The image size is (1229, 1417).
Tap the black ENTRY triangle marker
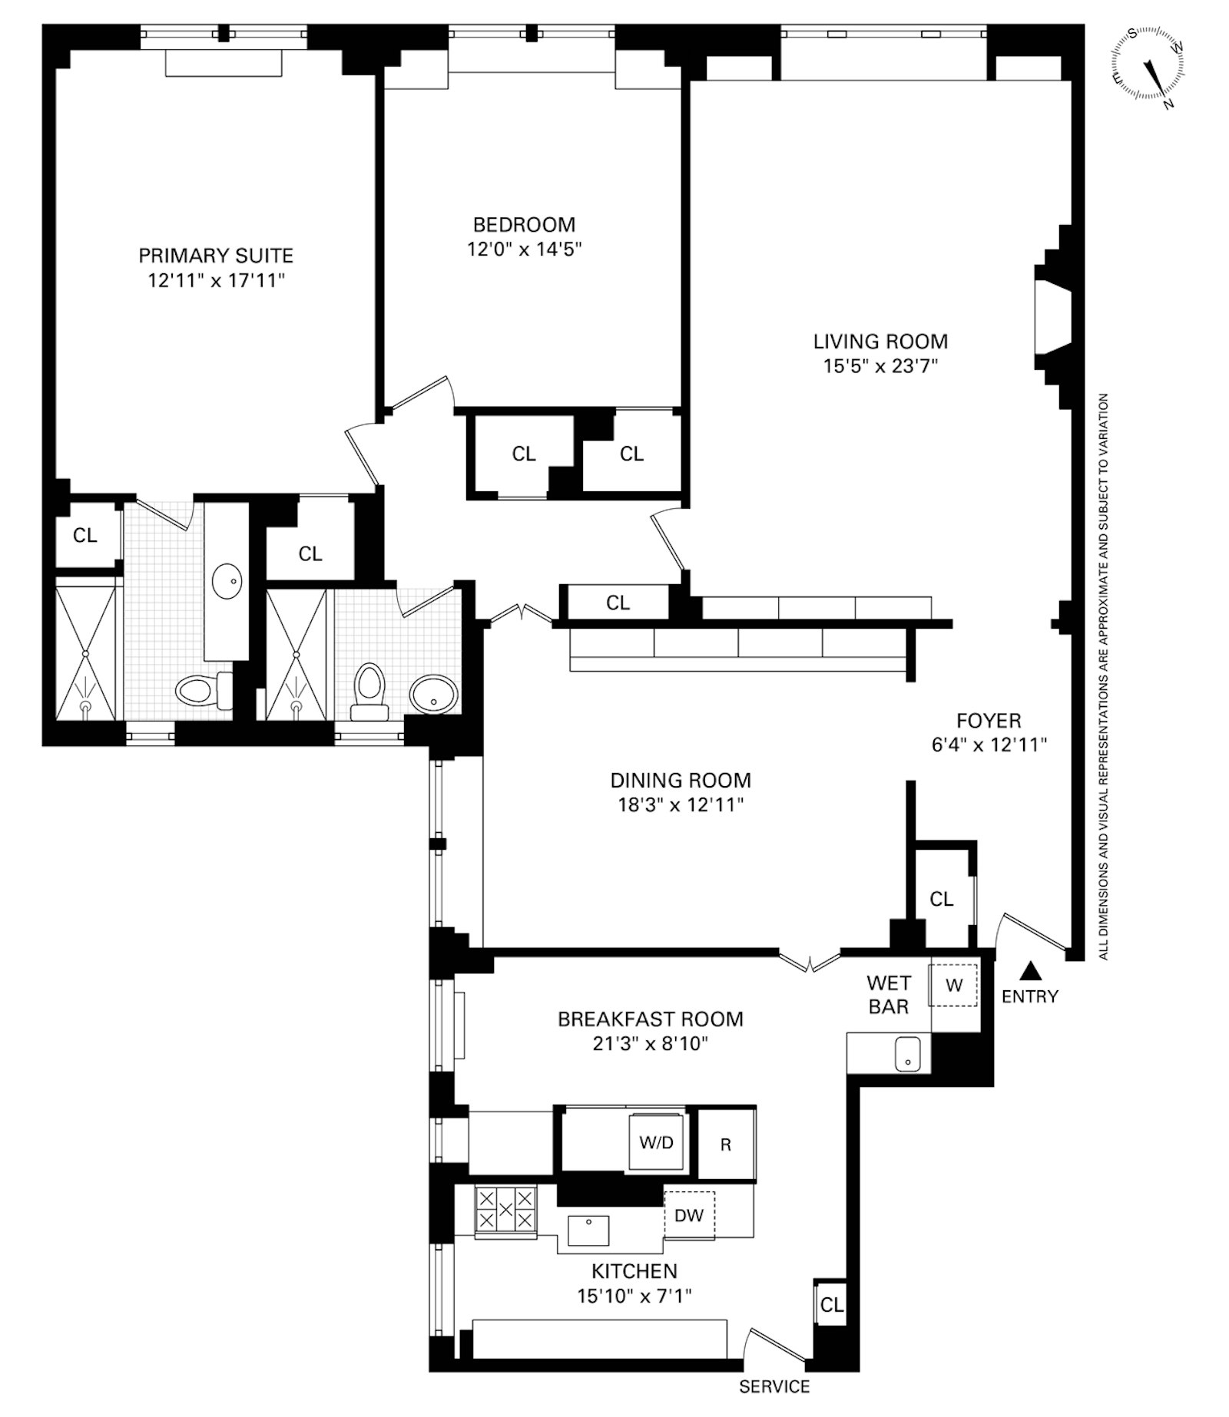[x=1031, y=972]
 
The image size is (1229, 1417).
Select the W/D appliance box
[x=657, y=1142]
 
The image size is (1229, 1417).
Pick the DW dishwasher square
[x=689, y=1215]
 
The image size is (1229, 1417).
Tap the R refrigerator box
[x=726, y=1144]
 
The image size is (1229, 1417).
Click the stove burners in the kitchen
[x=505, y=1211]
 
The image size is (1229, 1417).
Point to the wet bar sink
[x=908, y=1053]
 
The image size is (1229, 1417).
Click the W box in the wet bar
[x=954, y=986]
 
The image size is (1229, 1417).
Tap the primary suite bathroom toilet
[x=204, y=690]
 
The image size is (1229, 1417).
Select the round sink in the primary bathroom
[x=227, y=581]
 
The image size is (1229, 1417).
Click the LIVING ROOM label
[x=881, y=341]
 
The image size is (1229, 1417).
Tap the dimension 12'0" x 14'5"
[x=525, y=249]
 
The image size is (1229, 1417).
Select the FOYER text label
[x=989, y=720]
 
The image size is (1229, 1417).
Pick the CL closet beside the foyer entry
[x=942, y=898]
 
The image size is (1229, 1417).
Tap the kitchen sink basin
[x=588, y=1230]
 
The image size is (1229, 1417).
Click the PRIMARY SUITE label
[x=216, y=255]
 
